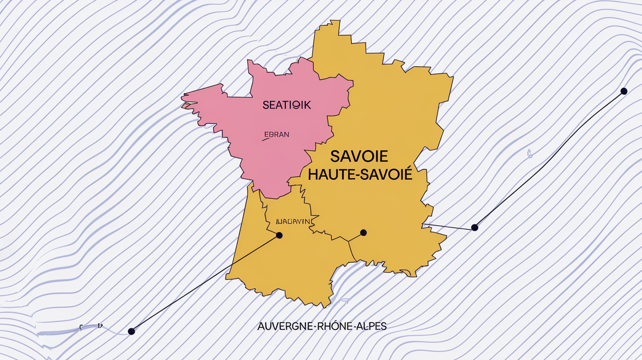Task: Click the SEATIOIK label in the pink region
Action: point(286,105)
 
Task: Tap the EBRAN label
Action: point(276,135)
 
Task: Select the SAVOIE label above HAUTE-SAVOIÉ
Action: point(359,157)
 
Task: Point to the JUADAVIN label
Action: point(293,221)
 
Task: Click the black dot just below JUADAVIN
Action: point(279,235)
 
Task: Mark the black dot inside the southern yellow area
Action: point(363,232)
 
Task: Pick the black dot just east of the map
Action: point(474,227)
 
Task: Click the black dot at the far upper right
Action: point(623,91)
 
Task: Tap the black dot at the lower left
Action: point(131,331)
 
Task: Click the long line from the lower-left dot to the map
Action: point(206,283)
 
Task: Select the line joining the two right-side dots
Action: point(548,159)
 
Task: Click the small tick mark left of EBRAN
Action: point(266,139)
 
